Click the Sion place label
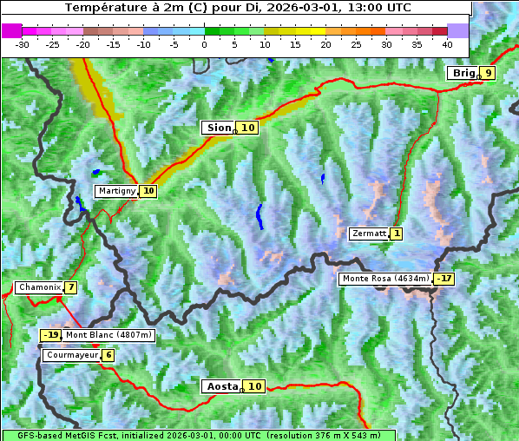coord(218,128)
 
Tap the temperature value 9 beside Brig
coord(489,73)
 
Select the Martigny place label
coord(116,191)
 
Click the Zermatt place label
coord(368,234)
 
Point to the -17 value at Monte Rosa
coord(444,279)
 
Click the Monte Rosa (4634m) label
coord(385,279)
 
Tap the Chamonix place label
coord(38,287)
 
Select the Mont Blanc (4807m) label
coord(108,335)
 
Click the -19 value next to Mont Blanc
coord(51,335)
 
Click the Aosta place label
coord(220,386)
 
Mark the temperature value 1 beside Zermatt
coord(397,234)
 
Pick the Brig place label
coord(463,73)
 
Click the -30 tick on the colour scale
coord(23,43)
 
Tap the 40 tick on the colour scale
coord(447,43)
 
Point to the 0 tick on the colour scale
coord(205,43)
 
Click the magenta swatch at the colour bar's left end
coord(11,30)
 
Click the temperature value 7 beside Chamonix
coord(70,287)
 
